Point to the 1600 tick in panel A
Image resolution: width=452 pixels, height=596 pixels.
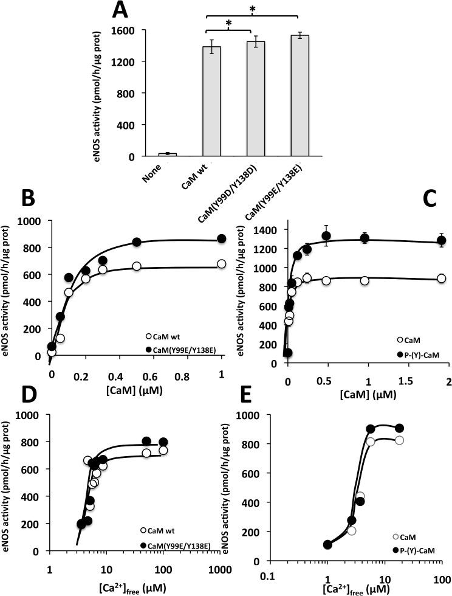point(128,30)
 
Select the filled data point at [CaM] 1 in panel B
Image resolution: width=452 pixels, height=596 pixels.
point(222,238)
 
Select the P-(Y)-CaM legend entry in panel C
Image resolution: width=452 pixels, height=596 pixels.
point(419,353)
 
